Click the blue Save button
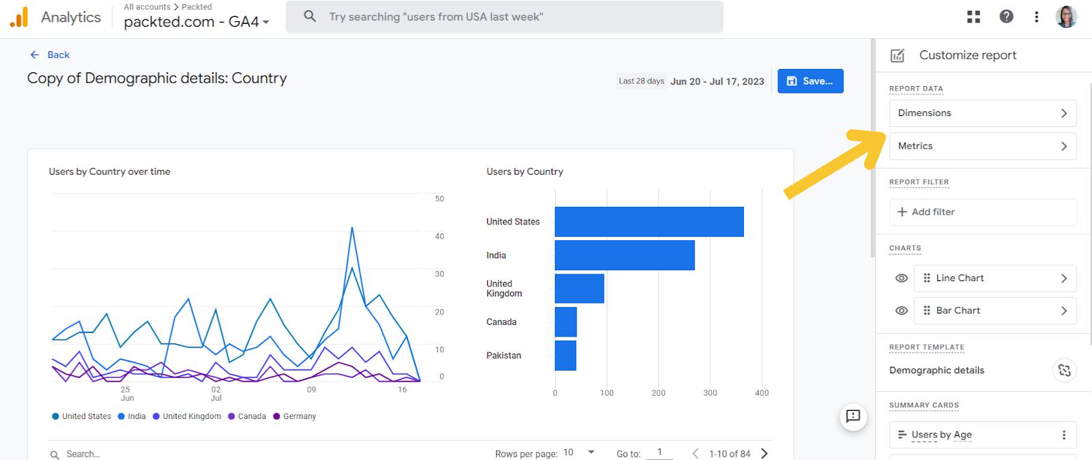[810, 81]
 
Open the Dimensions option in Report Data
[982, 113]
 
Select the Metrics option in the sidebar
[982, 146]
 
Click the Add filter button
[982, 212]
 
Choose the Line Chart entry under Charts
[994, 278]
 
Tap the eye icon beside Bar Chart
[902, 311]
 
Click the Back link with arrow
[50, 55]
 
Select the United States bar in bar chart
[648, 222]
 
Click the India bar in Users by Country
[624, 255]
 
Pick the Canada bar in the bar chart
[566, 322]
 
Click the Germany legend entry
[295, 416]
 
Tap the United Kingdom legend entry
[187, 416]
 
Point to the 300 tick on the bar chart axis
[710, 393]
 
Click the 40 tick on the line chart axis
[440, 236]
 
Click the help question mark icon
[1006, 17]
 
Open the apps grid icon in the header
[974, 17]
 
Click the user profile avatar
[1066, 17]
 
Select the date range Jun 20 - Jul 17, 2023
[717, 81]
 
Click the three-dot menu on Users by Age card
[1063, 435]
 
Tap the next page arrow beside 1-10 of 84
[764, 454]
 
